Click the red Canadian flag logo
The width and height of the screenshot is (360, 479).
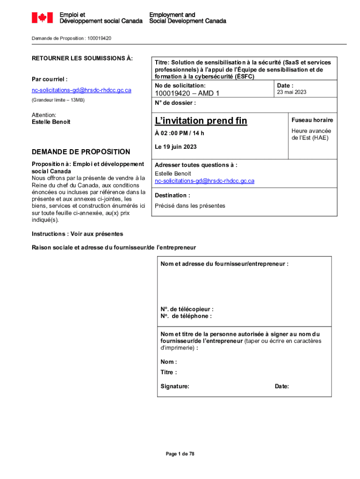[x=42, y=18]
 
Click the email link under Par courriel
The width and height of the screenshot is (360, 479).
[x=81, y=90]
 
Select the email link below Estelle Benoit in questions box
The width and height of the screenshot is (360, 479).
[x=204, y=181]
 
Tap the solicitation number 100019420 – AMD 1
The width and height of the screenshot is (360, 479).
[x=187, y=94]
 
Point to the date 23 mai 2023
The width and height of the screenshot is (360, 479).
[x=291, y=92]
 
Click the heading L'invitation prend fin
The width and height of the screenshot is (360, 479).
[x=201, y=121]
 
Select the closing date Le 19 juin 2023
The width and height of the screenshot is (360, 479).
[x=176, y=147]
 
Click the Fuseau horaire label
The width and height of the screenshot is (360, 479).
[x=312, y=120]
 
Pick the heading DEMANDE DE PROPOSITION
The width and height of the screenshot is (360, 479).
[x=81, y=152]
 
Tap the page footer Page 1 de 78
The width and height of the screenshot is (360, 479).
[x=180, y=454]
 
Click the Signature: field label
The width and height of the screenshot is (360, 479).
[x=175, y=386]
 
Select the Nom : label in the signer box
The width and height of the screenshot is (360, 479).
[x=168, y=362]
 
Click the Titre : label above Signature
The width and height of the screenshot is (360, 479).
[x=169, y=372]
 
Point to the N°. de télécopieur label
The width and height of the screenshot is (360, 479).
[x=187, y=309]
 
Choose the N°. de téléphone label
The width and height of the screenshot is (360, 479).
[x=186, y=316]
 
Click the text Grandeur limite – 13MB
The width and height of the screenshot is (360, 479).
[x=58, y=101]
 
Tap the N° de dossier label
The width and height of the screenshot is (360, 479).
[x=175, y=103]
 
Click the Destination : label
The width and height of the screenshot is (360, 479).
[x=172, y=196]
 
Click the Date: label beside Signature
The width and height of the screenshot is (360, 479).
[x=282, y=386]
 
